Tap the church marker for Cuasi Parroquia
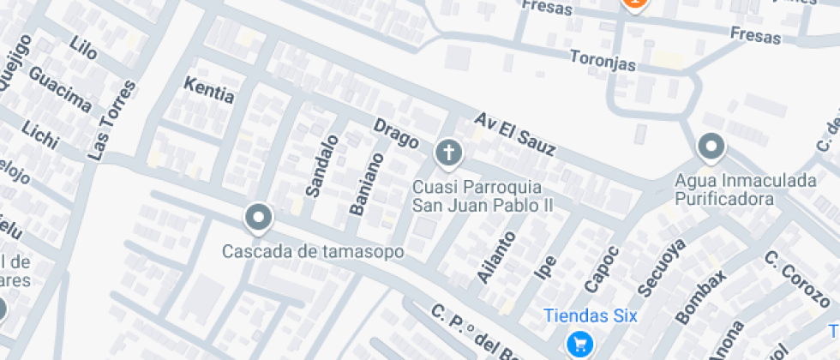[x=447, y=154]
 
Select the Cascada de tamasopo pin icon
[x=258, y=219]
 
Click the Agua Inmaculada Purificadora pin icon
[x=711, y=147]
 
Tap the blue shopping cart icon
[x=581, y=344]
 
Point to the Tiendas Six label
[x=591, y=315]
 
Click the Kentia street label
[x=209, y=89]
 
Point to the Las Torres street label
[x=113, y=120]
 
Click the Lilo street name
[x=84, y=49]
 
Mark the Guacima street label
[x=60, y=89]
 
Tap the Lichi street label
[x=39, y=133]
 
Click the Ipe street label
[x=545, y=267]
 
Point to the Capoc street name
[x=601, y=268]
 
